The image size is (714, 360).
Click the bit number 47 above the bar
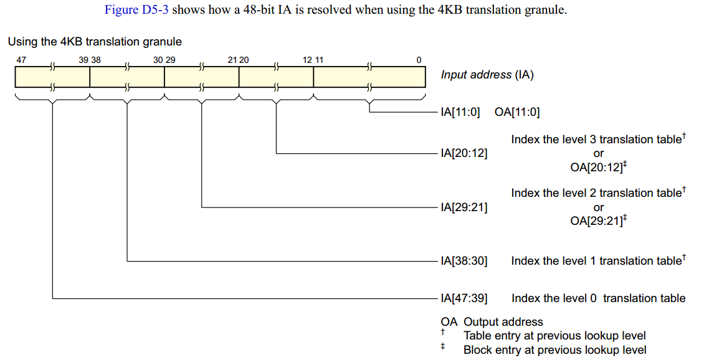tap(21, 60)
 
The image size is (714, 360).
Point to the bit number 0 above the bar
tap(419, 60)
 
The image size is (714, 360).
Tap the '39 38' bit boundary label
tap(90, 60)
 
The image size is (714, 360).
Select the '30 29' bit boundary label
tap(164, 60)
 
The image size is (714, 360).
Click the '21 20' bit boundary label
tap(239, 60)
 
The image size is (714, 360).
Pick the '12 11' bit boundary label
tap(313, 60)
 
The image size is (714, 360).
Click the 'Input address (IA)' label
tap(487, 75)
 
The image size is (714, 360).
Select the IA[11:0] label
tap(460, 113)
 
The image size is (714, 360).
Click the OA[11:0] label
tap(517, 113)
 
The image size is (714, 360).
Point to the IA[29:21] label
tap(464, 207)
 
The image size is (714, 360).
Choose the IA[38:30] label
tap(464, 261)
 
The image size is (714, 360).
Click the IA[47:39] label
tap(464, 298)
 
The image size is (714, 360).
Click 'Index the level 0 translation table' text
tap(598, 298)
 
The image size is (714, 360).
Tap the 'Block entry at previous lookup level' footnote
tap(555, 350)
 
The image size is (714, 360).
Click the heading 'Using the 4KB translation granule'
tap(95, 42)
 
